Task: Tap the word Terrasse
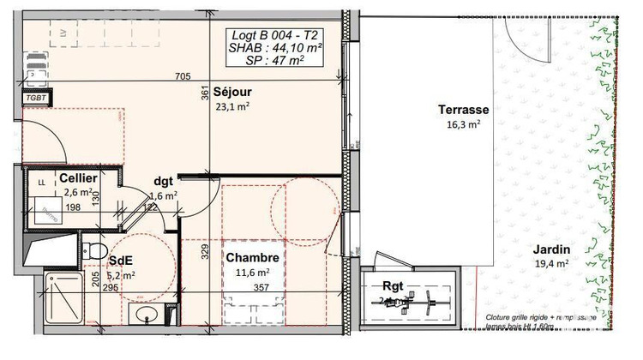coord(463,110)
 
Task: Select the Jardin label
coord(551,249)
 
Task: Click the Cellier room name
coord(77,177)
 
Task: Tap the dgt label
coord(164,181)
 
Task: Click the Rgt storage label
coord(393,287)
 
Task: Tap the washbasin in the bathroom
coord(146,315)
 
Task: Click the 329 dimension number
coord(206,251)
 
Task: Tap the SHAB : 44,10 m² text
coord(276,49)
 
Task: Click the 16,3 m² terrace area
coord(463,124)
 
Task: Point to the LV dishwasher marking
coord(63,32)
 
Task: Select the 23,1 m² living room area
coord(231,106)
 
